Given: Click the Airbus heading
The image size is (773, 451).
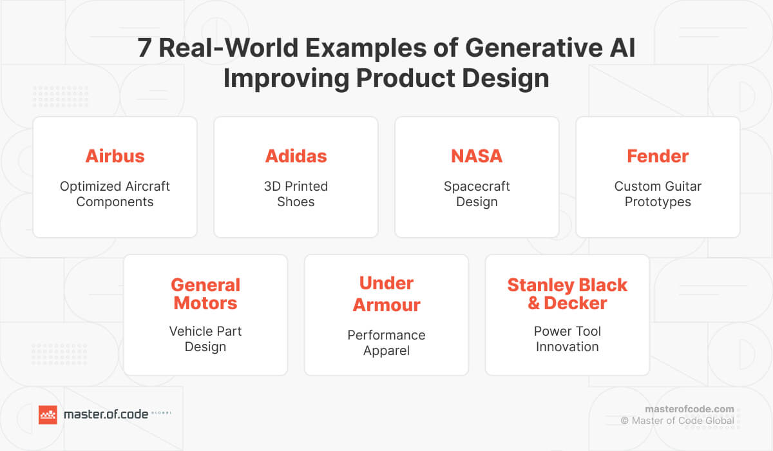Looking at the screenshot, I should [x=115, y=156].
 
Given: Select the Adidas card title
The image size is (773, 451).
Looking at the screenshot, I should [x=296, y=156].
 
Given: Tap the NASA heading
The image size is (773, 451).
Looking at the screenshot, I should [x=477, y=156].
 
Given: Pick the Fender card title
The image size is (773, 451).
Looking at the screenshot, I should [x=658, y=156].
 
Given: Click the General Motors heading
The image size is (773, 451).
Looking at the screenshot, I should [x=205, y=294].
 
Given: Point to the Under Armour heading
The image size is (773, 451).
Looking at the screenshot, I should [x=386, y=294].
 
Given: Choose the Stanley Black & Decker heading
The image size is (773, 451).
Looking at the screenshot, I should [x=567, y=294].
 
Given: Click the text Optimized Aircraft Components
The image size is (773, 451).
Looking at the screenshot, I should [x=115, y=194].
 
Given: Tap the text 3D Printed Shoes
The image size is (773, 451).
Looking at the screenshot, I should [x=296, y=194].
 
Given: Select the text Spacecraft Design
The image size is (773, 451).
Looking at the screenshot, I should [x=477, y=194].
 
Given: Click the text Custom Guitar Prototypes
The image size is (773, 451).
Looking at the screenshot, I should [x=658, y=194].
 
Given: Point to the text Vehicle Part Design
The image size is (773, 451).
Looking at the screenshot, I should [x=205, y=339].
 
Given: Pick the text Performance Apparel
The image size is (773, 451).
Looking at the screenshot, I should [x=386, y=343].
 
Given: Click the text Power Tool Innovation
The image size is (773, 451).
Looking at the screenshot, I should [x=567, y=339].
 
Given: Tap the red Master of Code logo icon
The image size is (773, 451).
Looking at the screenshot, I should [x=48, y=415].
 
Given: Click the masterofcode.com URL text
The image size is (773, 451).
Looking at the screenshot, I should [x=689, y=408].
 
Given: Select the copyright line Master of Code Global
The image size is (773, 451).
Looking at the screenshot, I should [x=677, y=421].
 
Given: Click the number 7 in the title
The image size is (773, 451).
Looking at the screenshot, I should [x=146, y=49].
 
